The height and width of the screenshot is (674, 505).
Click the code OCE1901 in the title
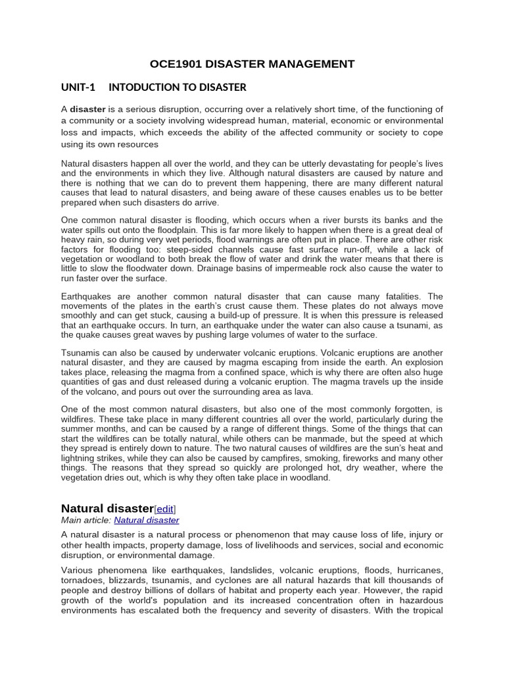[174, 64]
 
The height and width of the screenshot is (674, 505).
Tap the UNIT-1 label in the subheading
[78, 87]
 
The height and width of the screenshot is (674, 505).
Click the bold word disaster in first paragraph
[88, 109]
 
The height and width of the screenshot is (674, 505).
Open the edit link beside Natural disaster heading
[165, 509]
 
